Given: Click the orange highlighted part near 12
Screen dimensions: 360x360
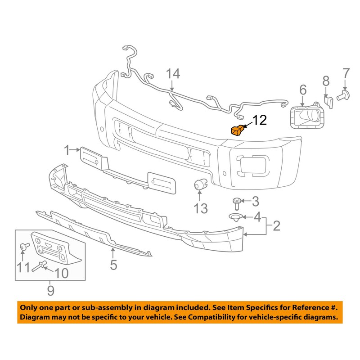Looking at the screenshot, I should tap(237, 130).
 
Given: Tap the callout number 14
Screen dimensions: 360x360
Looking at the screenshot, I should tap(173, 74).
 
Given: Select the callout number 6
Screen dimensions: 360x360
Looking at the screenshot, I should tap(302, 90).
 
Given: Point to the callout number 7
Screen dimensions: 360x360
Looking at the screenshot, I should tap(346, 72).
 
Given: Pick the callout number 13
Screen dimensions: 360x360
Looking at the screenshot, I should tap(201, 208).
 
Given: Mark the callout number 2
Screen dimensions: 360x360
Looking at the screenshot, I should tap(276, 225).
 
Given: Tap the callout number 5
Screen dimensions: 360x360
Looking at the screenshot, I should tap(114, 264).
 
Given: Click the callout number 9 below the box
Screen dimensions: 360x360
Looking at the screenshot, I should tap(50, 290).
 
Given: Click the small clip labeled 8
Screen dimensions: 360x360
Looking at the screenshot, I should tap(328, 102).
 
